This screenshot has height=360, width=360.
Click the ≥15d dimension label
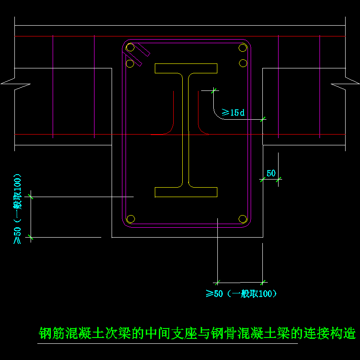click(233, 112)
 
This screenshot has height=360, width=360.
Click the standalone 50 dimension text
click(271, 173)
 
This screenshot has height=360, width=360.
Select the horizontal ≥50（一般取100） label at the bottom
click(241, 294)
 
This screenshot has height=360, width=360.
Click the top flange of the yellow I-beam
click(186, 68)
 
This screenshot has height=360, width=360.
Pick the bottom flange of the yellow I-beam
click(186, 192)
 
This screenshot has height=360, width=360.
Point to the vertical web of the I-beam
click(186, 130)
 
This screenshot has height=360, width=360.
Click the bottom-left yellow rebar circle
click(130, 219)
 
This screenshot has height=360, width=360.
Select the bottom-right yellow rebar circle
click(243, 219)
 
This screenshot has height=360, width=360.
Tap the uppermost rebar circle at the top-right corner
click(243, 48)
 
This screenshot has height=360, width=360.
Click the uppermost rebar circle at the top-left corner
click(130, 48)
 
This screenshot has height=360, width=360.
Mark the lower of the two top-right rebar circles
click(243, 62)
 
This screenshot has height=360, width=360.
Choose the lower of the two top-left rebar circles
click(130, 63)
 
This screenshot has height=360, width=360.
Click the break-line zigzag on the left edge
click(16, 83)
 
